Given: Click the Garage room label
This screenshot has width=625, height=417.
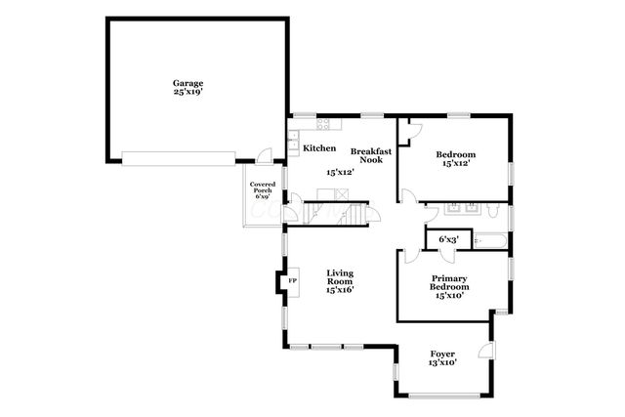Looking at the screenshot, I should (x=188, y=83).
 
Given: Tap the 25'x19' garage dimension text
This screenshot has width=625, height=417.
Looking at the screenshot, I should (x=188, y=94).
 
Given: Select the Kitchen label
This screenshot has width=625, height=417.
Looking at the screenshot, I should (x=319, y=148).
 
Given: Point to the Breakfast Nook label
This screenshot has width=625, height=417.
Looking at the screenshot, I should (x=371, y=156).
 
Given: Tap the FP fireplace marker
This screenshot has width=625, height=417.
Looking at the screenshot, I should (x=291, y=282).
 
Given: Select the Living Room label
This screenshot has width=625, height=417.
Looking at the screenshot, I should (x=339, y=277).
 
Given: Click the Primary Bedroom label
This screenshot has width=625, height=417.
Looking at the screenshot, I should (x=449, y=283).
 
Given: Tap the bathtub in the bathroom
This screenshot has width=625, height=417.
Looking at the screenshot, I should (x=491, y=238).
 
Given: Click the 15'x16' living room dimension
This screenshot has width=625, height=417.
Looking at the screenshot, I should (x=339, y=290).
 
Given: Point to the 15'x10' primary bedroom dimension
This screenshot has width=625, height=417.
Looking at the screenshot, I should (x=449, y=295).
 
